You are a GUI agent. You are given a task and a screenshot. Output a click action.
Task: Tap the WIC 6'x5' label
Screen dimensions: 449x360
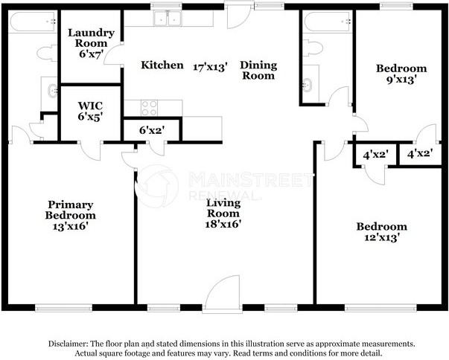90,112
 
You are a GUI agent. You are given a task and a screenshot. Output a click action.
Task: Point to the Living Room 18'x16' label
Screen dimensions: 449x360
223,213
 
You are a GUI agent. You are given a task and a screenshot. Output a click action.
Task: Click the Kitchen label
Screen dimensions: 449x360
162,65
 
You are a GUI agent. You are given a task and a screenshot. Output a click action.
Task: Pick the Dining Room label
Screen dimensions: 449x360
258,71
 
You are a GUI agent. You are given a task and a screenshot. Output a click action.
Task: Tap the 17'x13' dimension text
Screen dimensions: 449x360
210,67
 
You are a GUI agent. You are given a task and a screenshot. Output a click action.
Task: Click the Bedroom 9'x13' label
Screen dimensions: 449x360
401,74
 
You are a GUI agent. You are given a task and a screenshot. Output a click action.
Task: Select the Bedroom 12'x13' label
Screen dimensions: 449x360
382,232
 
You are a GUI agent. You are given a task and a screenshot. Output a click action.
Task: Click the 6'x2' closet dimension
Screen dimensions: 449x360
152,130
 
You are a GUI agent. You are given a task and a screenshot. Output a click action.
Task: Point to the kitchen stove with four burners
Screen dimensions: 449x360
149,108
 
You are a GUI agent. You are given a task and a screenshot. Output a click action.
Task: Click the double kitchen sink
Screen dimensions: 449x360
168,19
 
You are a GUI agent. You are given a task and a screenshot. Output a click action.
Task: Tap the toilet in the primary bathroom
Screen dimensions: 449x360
47,54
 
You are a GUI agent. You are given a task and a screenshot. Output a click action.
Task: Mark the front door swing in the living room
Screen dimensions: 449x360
222,292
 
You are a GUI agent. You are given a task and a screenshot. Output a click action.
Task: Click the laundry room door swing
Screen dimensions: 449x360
114,54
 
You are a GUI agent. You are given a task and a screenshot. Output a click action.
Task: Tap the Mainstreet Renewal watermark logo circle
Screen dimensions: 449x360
157,186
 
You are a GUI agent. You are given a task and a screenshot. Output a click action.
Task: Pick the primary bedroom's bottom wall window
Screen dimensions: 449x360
63,308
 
